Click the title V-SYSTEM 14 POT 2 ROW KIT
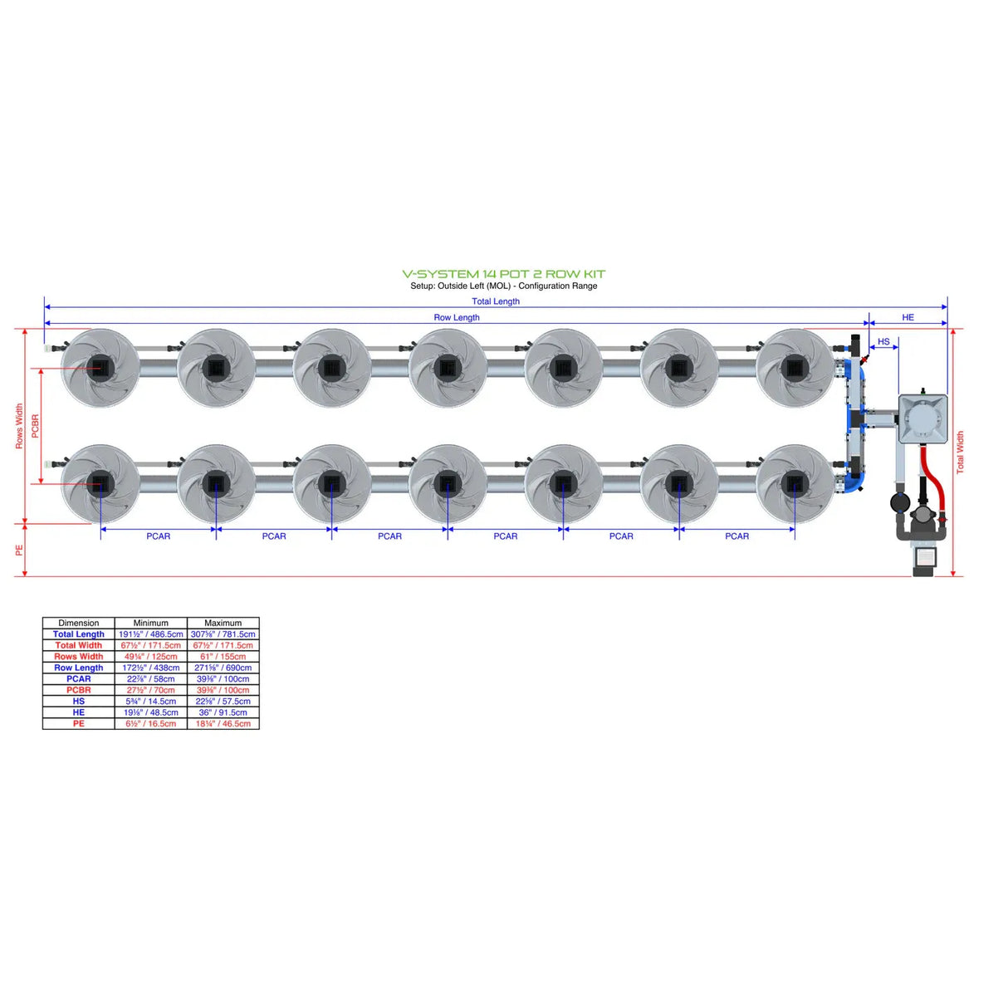click(x=503, y=274)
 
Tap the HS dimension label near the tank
click(x=883, y=341)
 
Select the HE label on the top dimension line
click(x=908, y=317)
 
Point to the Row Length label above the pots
click(x=456, y=317)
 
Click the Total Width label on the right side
click(x=961, y=453)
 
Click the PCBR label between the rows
click(x=35, y=426)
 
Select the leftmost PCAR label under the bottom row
click(x=158, y=536)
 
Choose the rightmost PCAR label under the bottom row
click(x=736, y=536)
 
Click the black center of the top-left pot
click(x=100, y=366)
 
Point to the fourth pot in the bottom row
click(x=448, y=482)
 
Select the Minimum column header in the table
click(x=150, y=623)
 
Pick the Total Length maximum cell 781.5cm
click(x=223, y=634)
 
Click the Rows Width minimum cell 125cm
click(x=150, y=657)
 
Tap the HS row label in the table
click(x=79, y=702)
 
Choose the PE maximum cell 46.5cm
click(x=223, y=724)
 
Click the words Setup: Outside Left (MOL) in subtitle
click(x=460, y=286)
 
